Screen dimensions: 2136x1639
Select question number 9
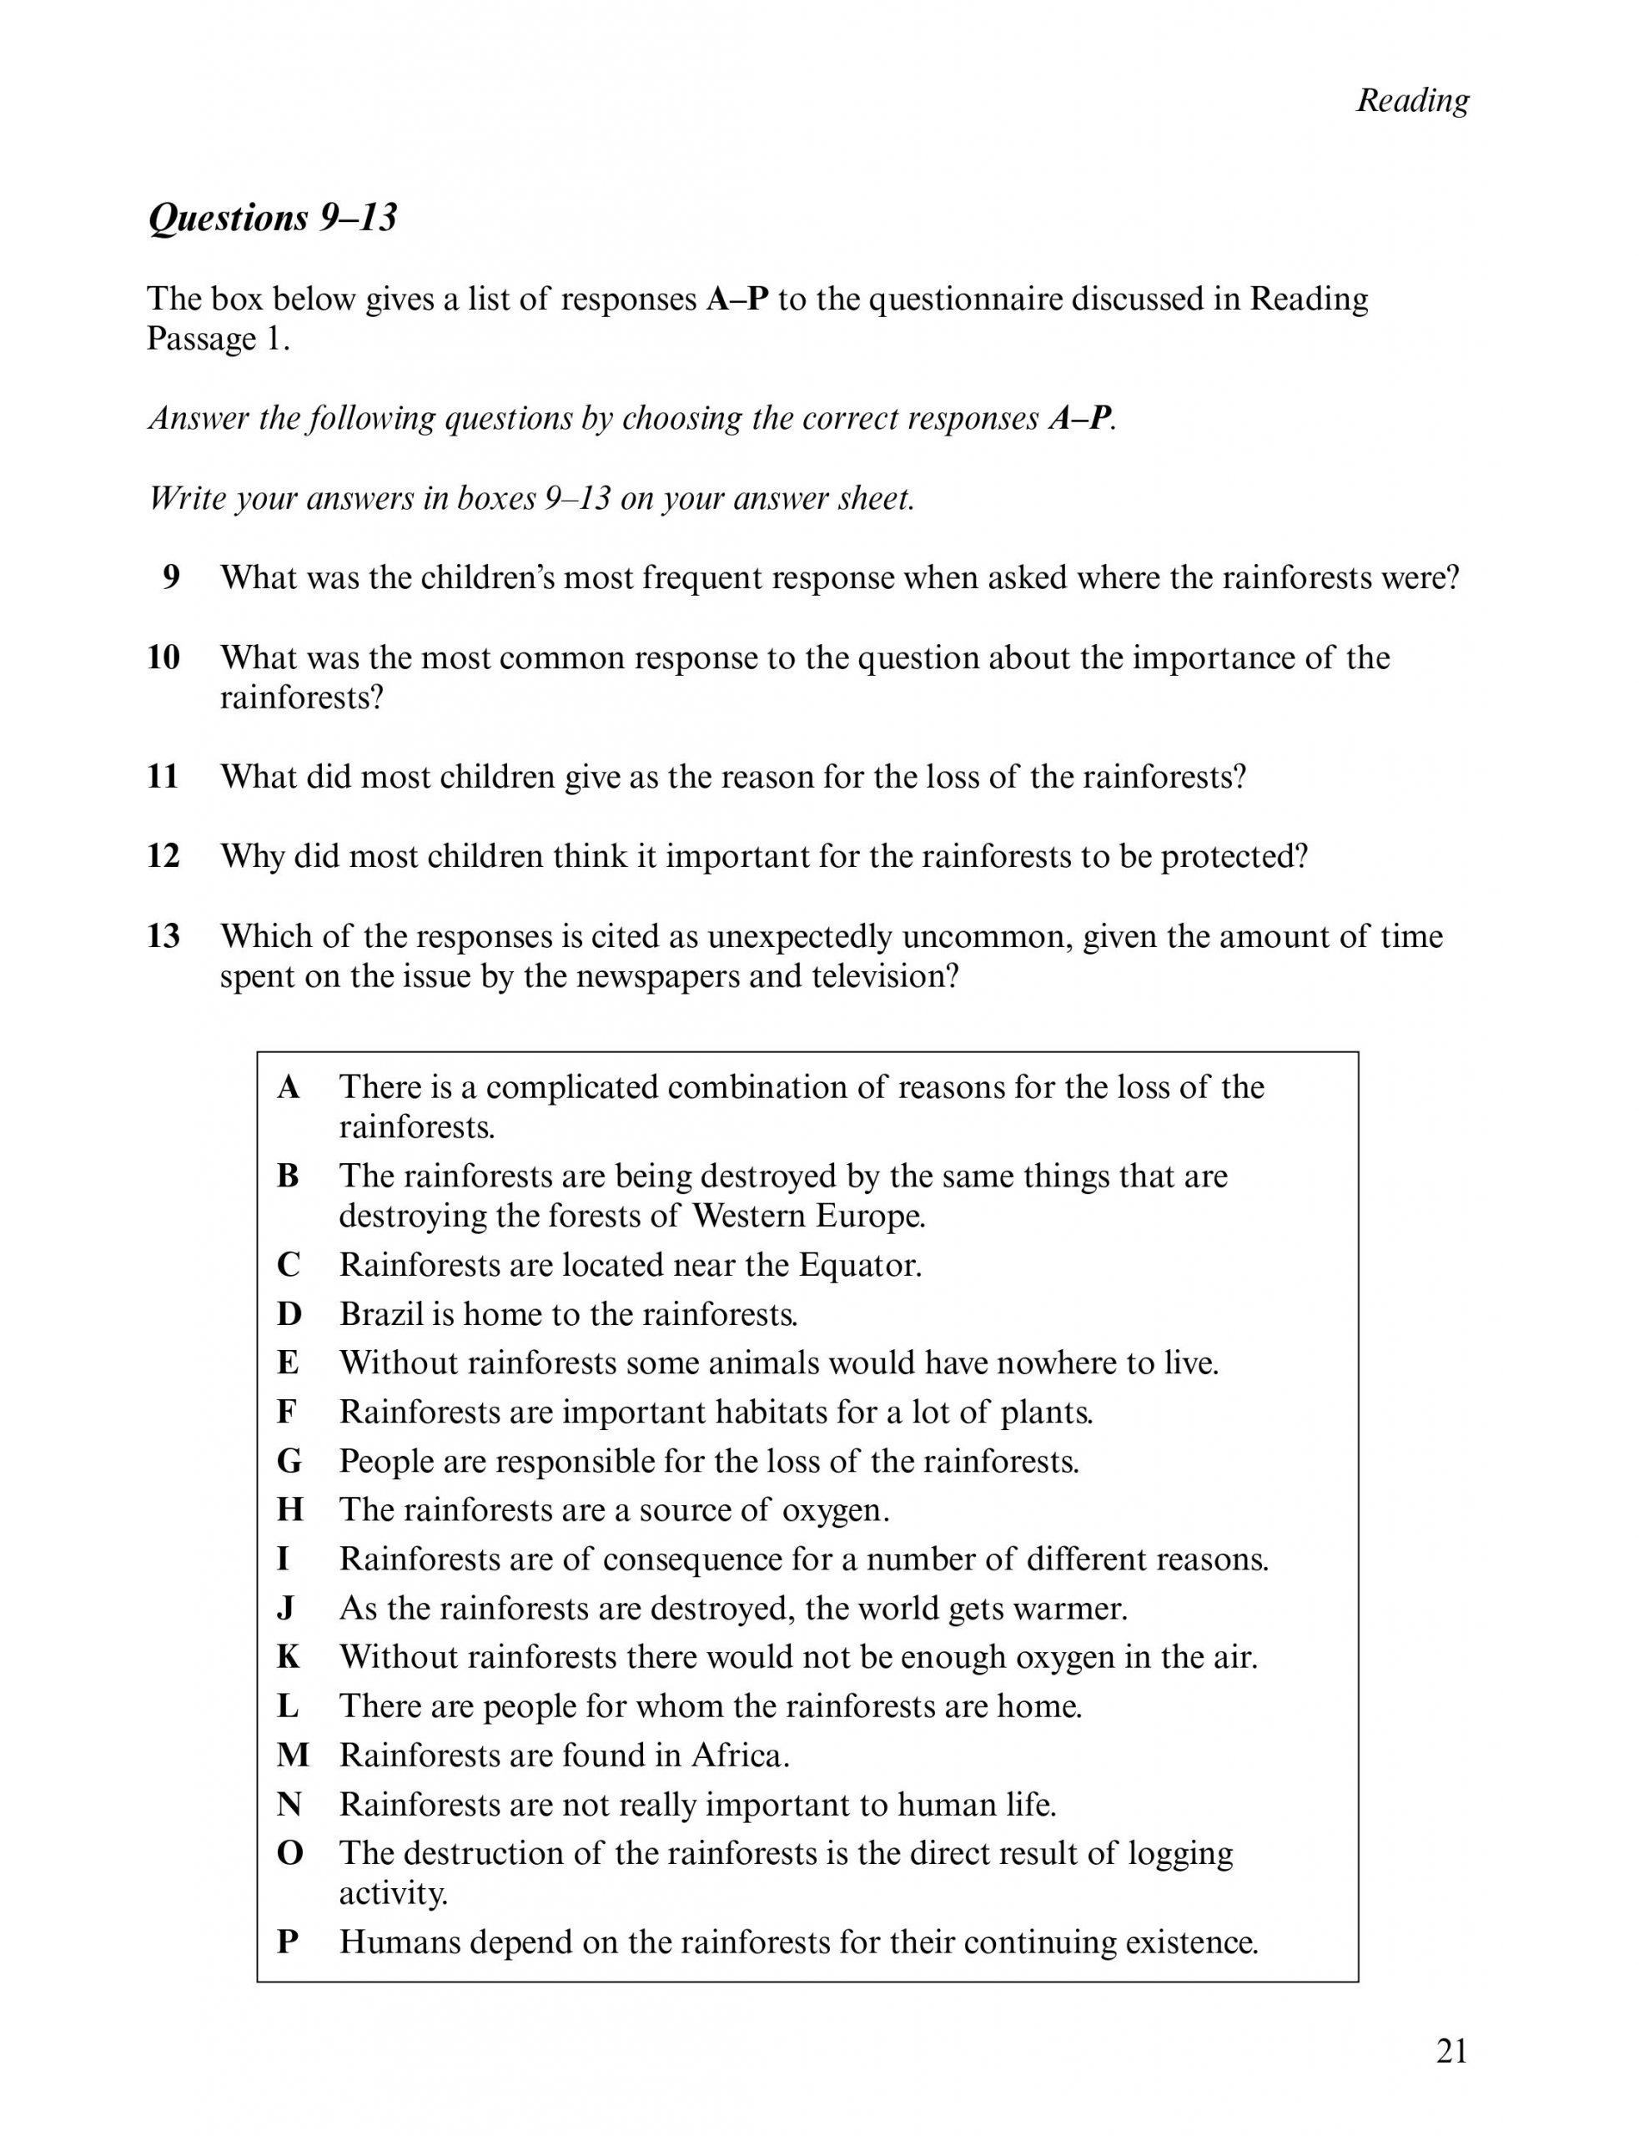click(171, 577)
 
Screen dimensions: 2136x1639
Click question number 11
click(163, 777)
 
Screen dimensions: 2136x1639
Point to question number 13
click(163, 936)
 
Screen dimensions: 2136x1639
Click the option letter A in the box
click(289, 1086)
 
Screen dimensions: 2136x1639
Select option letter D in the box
click(289, 1314)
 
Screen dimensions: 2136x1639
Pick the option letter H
click(289, 1509)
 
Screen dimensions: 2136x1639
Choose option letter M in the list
click(293, 1756)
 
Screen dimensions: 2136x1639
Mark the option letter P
click(288, 1942)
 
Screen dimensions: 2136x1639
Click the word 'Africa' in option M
click(738, 1756)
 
